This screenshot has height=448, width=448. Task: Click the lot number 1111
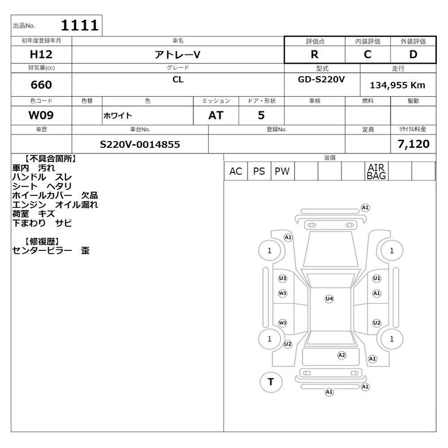[x=80, y=25]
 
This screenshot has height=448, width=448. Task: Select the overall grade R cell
[x=315, y=54]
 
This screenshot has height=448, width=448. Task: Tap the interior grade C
[x=367, y=54]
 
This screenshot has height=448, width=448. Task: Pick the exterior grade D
[x=413, y=54]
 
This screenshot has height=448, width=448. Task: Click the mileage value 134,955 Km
[x=398, y=85]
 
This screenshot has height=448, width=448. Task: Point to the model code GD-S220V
[x=321, y=80]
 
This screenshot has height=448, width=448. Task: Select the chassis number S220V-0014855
[x=139, y=144]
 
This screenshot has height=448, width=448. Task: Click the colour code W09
[x=41, y=115]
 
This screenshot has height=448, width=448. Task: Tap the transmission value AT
[x=216, y=115]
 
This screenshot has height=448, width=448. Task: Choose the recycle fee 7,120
[x=413, y=144]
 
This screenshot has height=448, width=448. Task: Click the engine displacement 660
[x=41, y=85]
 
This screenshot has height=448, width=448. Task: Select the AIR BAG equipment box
[x=376, y=171]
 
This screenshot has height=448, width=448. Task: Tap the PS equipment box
[x=259, y=171]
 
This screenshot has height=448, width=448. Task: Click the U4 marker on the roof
[x=329, y=299]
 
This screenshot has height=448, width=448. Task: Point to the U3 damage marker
[x=283, y=278]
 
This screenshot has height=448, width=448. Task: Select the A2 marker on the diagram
[x=342, y=355]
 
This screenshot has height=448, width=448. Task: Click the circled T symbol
[x=271, y=382]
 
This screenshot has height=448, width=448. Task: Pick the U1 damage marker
[x=377, y=278]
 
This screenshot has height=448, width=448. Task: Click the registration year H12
[x=41, y=54]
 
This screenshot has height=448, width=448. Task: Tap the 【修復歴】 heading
[x=41, y=241]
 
